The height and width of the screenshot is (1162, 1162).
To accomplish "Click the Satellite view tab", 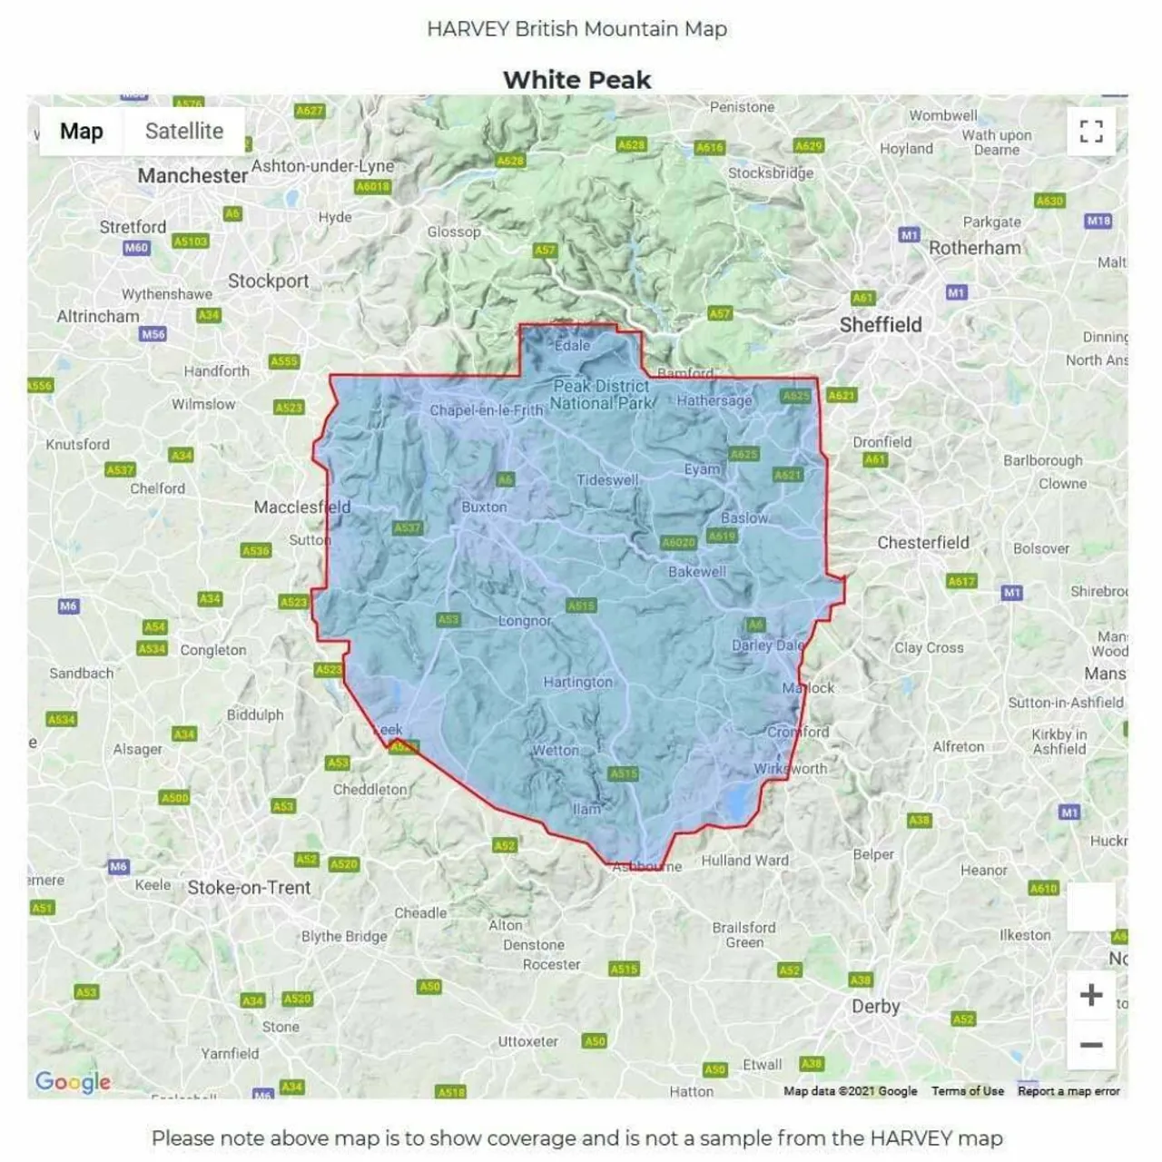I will click(183, 131).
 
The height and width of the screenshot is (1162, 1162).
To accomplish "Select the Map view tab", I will click(81, 131).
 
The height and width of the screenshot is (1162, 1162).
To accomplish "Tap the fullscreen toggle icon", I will click(1091, 132).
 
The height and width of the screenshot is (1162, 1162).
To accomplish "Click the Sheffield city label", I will click(880, 325).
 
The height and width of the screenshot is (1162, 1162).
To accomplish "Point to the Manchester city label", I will click(192, 175).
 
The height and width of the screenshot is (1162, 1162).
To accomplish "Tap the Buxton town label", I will click(484, 507).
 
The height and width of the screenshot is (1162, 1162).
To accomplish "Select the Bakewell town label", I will click(697, 572).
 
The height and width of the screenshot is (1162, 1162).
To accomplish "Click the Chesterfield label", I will click(922, 543).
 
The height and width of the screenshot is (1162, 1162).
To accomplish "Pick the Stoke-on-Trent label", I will click(249, 888).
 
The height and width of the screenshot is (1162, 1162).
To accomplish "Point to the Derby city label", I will click(875, 1006).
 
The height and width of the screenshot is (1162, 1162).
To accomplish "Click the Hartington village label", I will click(577, 682).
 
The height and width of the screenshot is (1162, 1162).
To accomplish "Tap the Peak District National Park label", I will click(601, 395).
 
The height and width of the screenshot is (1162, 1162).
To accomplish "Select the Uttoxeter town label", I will click(527, 1041).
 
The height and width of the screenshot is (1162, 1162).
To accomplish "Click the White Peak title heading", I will click(577, 80).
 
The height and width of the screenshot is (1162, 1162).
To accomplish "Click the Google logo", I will click(73, 1081).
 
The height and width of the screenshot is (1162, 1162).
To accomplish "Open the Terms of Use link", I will click(967, 1091).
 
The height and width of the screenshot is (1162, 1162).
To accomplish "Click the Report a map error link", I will click(1068, 1091).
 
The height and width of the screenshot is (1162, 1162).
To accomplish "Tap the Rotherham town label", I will click(974, 248).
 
